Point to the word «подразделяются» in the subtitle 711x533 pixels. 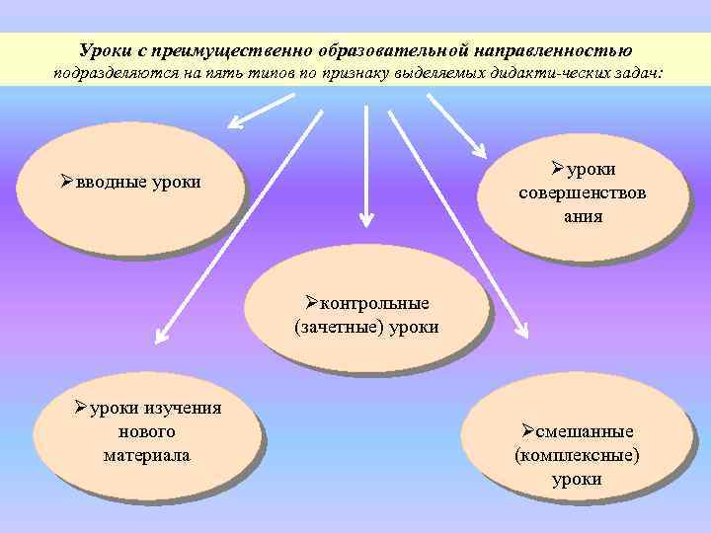tap(110, 74)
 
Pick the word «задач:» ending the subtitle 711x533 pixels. tap(638, 74)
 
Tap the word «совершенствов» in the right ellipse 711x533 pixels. tap(583, 193)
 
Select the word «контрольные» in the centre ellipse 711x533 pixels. tap(374, 303)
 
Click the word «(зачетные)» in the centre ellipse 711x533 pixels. tap(332, 327)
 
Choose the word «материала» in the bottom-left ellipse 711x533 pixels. tap(146, 455)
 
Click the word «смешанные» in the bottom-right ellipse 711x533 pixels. tap(585, 432)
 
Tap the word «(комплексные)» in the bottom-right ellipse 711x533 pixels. tap(577, 456)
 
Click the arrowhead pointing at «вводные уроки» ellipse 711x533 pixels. tap(238, 123)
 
